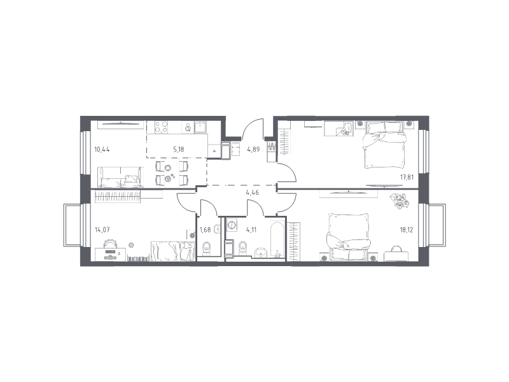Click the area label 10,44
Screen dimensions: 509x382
pyautogui.click(x=102, y=150)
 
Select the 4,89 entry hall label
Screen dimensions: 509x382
pyautogui.click(x=253, y=150)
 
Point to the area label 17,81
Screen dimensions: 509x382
pyautogui.click(x=407, y=177)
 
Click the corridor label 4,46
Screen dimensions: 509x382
pyautogui.click(x=253, y=192)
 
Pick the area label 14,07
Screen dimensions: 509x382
pyautogui.click(x=102, y=230)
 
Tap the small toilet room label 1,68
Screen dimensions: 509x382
pyautogui.click(x=205, y=230)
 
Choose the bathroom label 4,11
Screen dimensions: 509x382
pyautogui.click(x=251, y=230)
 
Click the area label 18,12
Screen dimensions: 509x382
pyautogui.click(x=407, y=230)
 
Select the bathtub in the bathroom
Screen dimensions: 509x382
pyautogui.click(x=277, y=239)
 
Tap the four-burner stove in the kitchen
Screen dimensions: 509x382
pyautogui.click(x=162, y=127)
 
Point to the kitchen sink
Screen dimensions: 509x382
pyautogui.click(x=200, y=127)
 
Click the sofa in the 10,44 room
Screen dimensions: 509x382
pyautogui.click(x=120, y=178)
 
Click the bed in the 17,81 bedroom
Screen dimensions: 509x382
pyautogui.click(x=385, y=145)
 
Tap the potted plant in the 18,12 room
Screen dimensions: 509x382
pyautogui.click(x=400, y=201)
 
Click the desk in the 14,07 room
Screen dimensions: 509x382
pyautogui.click(x=110, y=253)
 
